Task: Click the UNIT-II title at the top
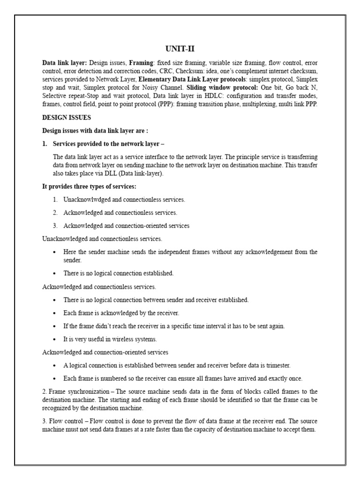180,49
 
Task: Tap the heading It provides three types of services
89,186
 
